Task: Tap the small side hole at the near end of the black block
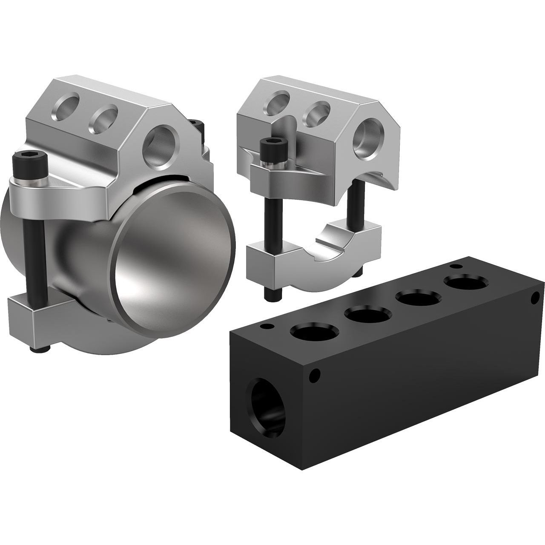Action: [315, 376]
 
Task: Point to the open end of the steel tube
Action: [175, 261]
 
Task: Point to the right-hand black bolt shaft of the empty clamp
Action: [353, 213]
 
